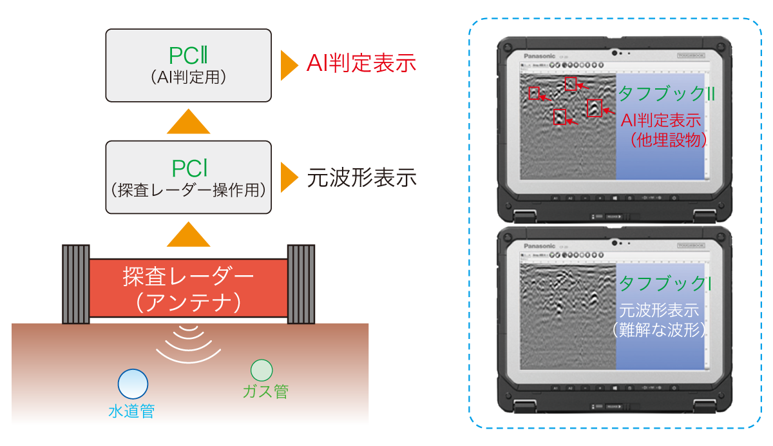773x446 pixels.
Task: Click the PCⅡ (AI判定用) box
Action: click(x=188, y=65)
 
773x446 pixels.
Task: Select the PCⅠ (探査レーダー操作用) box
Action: click(x=188, y=177)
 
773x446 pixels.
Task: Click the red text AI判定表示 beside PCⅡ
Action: click(x=361, y=64)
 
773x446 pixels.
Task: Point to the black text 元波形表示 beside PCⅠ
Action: click(x=361, y=177)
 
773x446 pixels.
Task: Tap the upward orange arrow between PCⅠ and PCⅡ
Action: click(x=188, y=122)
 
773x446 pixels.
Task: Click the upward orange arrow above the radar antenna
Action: click(x=188, y=235)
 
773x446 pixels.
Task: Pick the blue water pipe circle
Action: click(x=133, y=383)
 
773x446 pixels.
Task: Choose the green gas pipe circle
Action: click(x=262, y=370)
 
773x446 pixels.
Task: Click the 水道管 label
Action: click(x=131, y=411)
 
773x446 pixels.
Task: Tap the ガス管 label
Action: click(x=265, y=391)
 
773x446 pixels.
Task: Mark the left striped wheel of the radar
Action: click(x=75, y=284)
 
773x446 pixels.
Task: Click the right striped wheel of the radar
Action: click(x=301, y=284)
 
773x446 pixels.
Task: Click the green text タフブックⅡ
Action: click(x=667, y=94)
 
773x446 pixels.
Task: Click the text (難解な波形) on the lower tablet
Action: click(x=658, y=329)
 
